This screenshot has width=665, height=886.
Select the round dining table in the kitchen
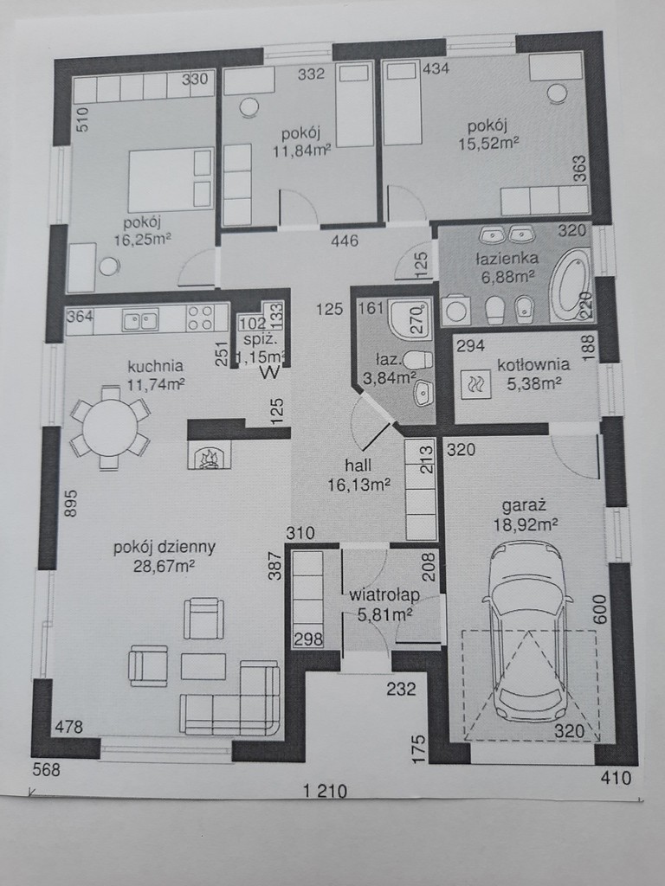click(x=110, y=427)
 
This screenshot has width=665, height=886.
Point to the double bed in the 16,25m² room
click(x=171, y=180)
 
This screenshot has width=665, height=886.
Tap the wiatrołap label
click(x=384, y=594)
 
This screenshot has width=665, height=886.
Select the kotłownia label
click(x=533, y=364)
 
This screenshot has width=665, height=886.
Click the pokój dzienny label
click(x=164, y=547)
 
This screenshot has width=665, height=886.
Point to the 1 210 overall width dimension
click(x=325, y=791)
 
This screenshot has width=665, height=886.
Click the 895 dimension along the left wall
click(x=71, y=503)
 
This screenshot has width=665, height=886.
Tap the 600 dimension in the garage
click(x=600, y=609)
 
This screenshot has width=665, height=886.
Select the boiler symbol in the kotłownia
click(x=472, y=383)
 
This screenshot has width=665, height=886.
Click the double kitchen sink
click(x=140, y=320)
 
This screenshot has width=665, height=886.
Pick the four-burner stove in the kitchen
click(x=200, y=318)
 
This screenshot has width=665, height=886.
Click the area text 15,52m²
click(x=488, y=144)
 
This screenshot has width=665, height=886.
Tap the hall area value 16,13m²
click(x=359, y=485)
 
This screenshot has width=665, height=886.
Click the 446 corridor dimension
click(x=345, y=241)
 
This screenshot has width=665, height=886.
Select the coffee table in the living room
click(x=203, y=666)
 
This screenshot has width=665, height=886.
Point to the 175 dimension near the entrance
click(x=418, y=749)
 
